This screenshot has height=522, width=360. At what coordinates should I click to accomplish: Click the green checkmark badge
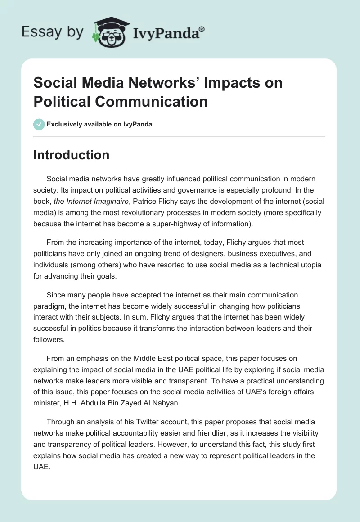click(39, 124)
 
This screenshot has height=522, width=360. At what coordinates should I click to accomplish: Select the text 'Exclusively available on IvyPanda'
click(99, 124)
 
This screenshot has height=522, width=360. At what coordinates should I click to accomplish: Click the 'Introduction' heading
click(72, 155)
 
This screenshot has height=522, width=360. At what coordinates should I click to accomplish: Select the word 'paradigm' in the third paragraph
click(49, 306)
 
